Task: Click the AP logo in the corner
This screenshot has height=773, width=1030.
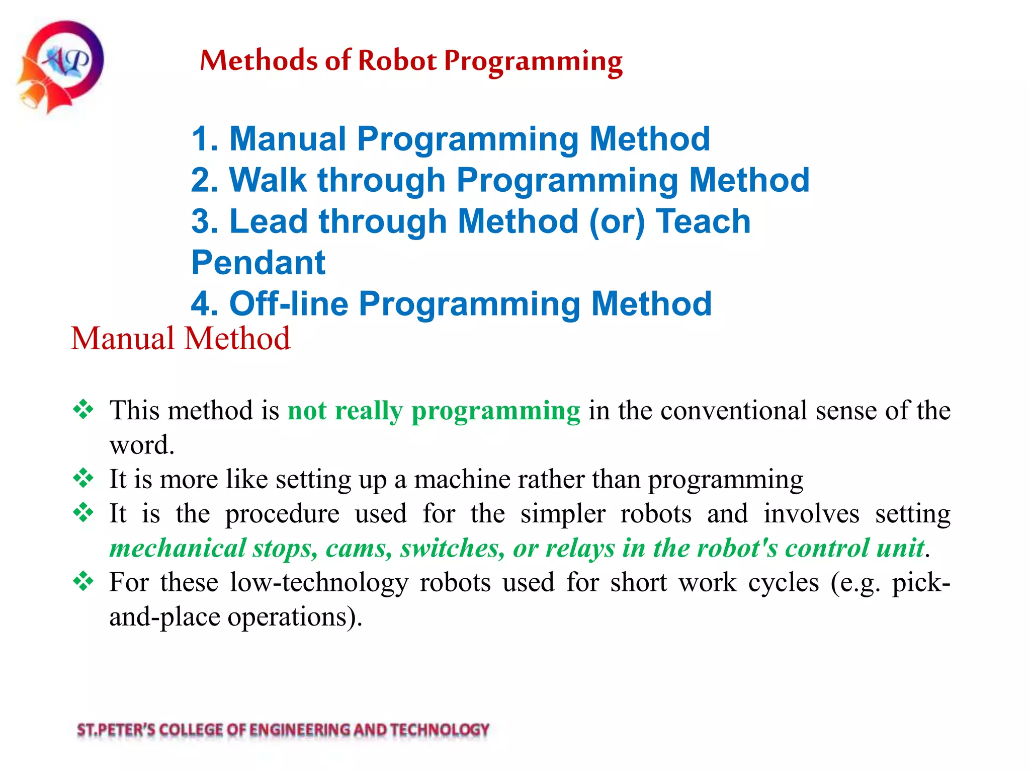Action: (x=61, y=65)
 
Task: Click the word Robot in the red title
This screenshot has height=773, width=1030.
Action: (x=397, y=61)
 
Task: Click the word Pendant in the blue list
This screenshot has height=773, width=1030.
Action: (x=259, y=263)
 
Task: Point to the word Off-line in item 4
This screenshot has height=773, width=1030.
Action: (x=288, y=304)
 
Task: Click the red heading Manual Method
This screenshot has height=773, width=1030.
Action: (x=180, y=338)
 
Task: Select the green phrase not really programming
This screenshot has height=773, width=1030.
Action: (x=434, y=411)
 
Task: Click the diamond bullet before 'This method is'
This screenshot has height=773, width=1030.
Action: (x=83, y=409)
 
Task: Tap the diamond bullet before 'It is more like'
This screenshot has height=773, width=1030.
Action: (x=83, y=478)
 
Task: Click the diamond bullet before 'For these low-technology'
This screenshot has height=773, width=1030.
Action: (x=83, y=582)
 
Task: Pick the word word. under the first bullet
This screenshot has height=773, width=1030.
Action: (x=142, y=445)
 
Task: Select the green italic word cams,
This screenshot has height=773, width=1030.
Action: (x=359, y=548)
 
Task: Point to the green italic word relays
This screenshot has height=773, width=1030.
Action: (x=579, y=548)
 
